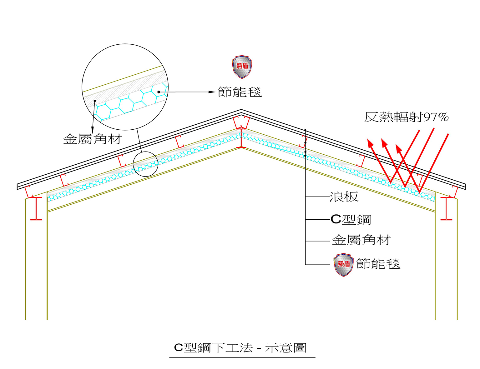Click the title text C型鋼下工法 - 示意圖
[x=240, y=348]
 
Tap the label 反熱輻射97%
[x=406, y=117]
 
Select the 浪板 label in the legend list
[x=344, y=197]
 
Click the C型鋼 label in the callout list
[x=351, y=219]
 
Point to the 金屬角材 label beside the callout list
[x=361, y=240]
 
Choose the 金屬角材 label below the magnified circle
[x=93, y=139]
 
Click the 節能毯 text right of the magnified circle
[x=239, y=92]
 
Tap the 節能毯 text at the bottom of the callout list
[x=378, y=264]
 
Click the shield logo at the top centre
[x=242, y=67]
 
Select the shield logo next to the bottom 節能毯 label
[x=343, y=265]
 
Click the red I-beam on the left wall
[x=36, y=209]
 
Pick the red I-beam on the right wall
[x=446, y=209]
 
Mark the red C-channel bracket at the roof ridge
[x=241, y=122]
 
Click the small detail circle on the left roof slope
[x=145, y=164]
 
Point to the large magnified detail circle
[x=125, y=87]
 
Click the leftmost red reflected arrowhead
[x=370, y=143]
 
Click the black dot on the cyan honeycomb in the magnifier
[x=159, y=92]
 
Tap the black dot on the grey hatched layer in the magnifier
[x=94, y=101]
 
